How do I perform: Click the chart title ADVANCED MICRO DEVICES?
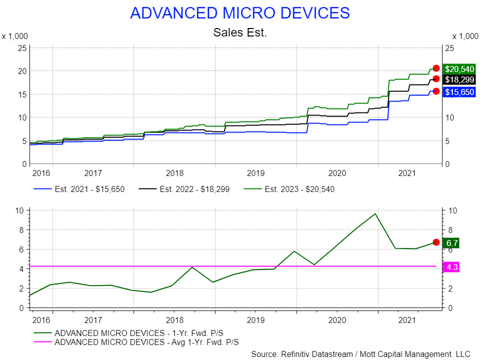[x=239, y=13]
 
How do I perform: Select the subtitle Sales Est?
[x=239, y=32]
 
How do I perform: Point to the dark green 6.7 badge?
[x=451, y=243]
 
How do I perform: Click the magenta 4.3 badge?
[x=451, y=267]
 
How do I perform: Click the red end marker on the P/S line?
[x=436, y=242]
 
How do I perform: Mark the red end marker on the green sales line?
[x=436, y=68]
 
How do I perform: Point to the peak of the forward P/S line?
[x=375, y=214]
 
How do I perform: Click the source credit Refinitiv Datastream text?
[x=360, y=354]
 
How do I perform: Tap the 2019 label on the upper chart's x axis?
[x=255, y=173]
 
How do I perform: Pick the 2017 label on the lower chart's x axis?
[x=93, y=319]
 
